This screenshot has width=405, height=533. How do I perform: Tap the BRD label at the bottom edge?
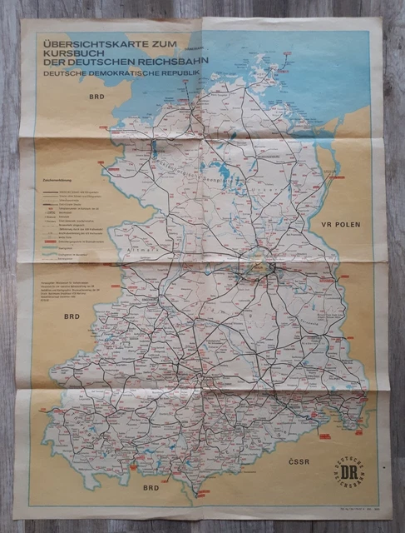pos(151,487)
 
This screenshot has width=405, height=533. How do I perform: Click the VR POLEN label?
pos(348,225)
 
